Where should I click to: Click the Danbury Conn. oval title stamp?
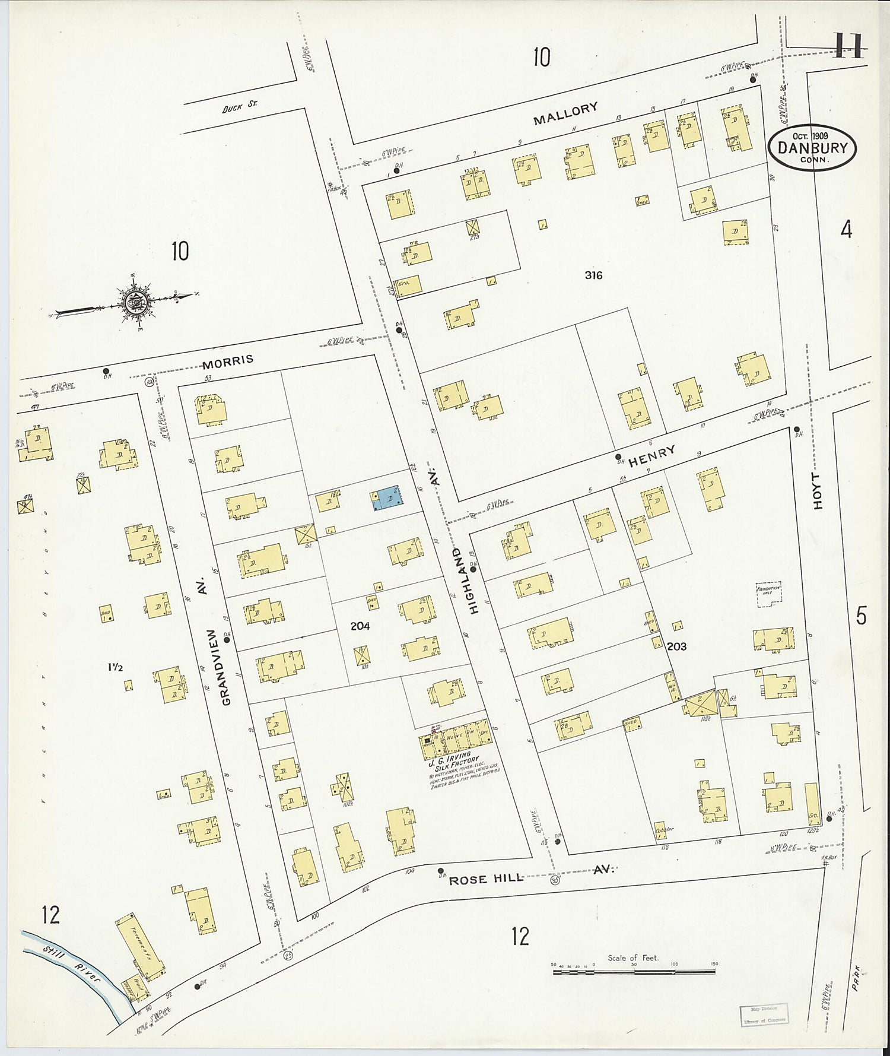click(x=812, y=148)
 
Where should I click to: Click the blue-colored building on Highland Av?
click(x=387, y=497)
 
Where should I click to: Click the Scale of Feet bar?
click(x=633, y=972)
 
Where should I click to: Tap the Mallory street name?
click(x=565, y=113)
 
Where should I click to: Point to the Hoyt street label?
click(x=818, y=491)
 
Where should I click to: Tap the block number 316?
click(x=593, y=275)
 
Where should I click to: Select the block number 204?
click(x=360, y=626)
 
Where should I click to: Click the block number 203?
click(x=676, y=646)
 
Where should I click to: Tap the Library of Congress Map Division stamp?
click(x=764, y=1014)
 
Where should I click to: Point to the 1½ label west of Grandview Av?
click(x=115, y=667)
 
